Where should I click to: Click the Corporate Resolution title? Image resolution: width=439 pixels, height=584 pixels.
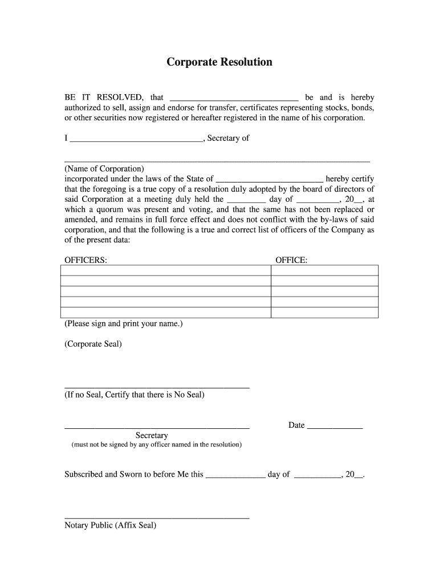click(x=219, y=62)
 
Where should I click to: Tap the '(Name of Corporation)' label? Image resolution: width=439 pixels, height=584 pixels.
click(x=104, y=169)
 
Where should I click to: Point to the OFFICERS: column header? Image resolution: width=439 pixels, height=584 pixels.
click(x=86, y=260)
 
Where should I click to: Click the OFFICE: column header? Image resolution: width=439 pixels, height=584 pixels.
click(x=291, y=260)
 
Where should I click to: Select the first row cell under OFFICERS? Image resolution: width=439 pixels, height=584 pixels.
click(x=165, y=270)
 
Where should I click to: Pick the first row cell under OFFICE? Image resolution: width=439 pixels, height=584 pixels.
click(x=324, y=270)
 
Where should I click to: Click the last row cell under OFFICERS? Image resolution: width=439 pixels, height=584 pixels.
click(x=165, y=313)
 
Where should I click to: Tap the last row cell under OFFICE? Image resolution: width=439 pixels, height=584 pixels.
click(x=324, y=313)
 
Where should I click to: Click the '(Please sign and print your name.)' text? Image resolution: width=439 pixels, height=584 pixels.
click(x=124, y=323)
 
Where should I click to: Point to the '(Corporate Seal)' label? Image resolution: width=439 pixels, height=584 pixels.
click(x=93, y=344)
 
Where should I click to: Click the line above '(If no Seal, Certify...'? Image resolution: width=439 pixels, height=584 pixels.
click(x=157, y=387)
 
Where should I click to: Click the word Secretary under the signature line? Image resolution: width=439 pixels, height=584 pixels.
click(x=152, y=435)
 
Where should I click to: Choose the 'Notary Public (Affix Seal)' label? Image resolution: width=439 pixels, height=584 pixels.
click(x=110, y=525)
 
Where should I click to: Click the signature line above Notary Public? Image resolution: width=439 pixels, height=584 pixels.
click(x=157, y=518)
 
